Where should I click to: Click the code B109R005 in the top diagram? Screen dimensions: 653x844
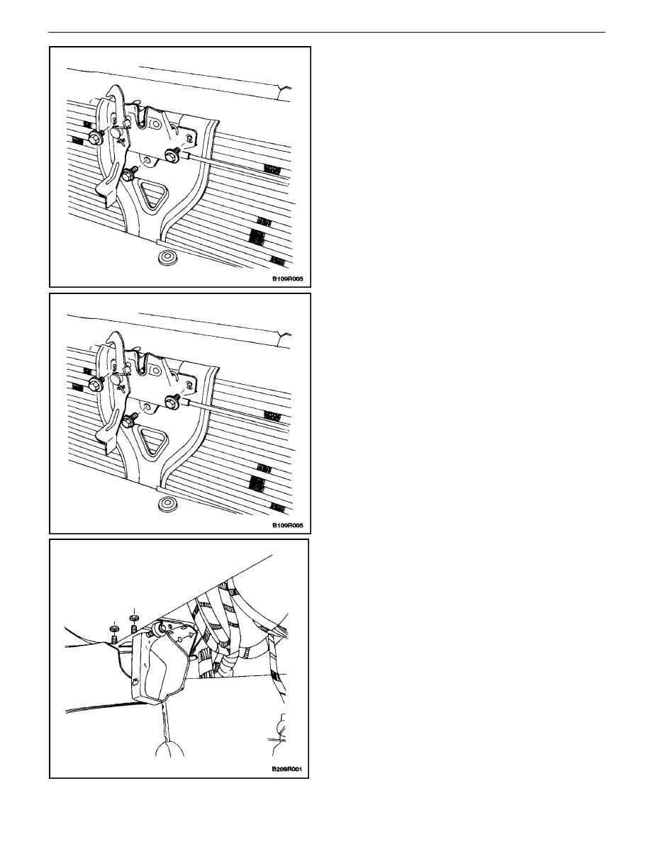(x=287, y=279)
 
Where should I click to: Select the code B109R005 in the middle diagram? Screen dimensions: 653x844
(x=287, y=525)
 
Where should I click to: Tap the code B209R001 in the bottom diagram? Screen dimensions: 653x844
(x=286, y=770)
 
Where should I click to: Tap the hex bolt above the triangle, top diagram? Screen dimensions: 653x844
(x=128, y=174)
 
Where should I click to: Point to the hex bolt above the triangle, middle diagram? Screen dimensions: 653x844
(x=128, y=422)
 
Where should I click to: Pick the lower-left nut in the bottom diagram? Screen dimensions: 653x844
(x=114, y=634)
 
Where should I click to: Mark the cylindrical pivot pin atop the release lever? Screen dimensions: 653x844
(x=160, y=628)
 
